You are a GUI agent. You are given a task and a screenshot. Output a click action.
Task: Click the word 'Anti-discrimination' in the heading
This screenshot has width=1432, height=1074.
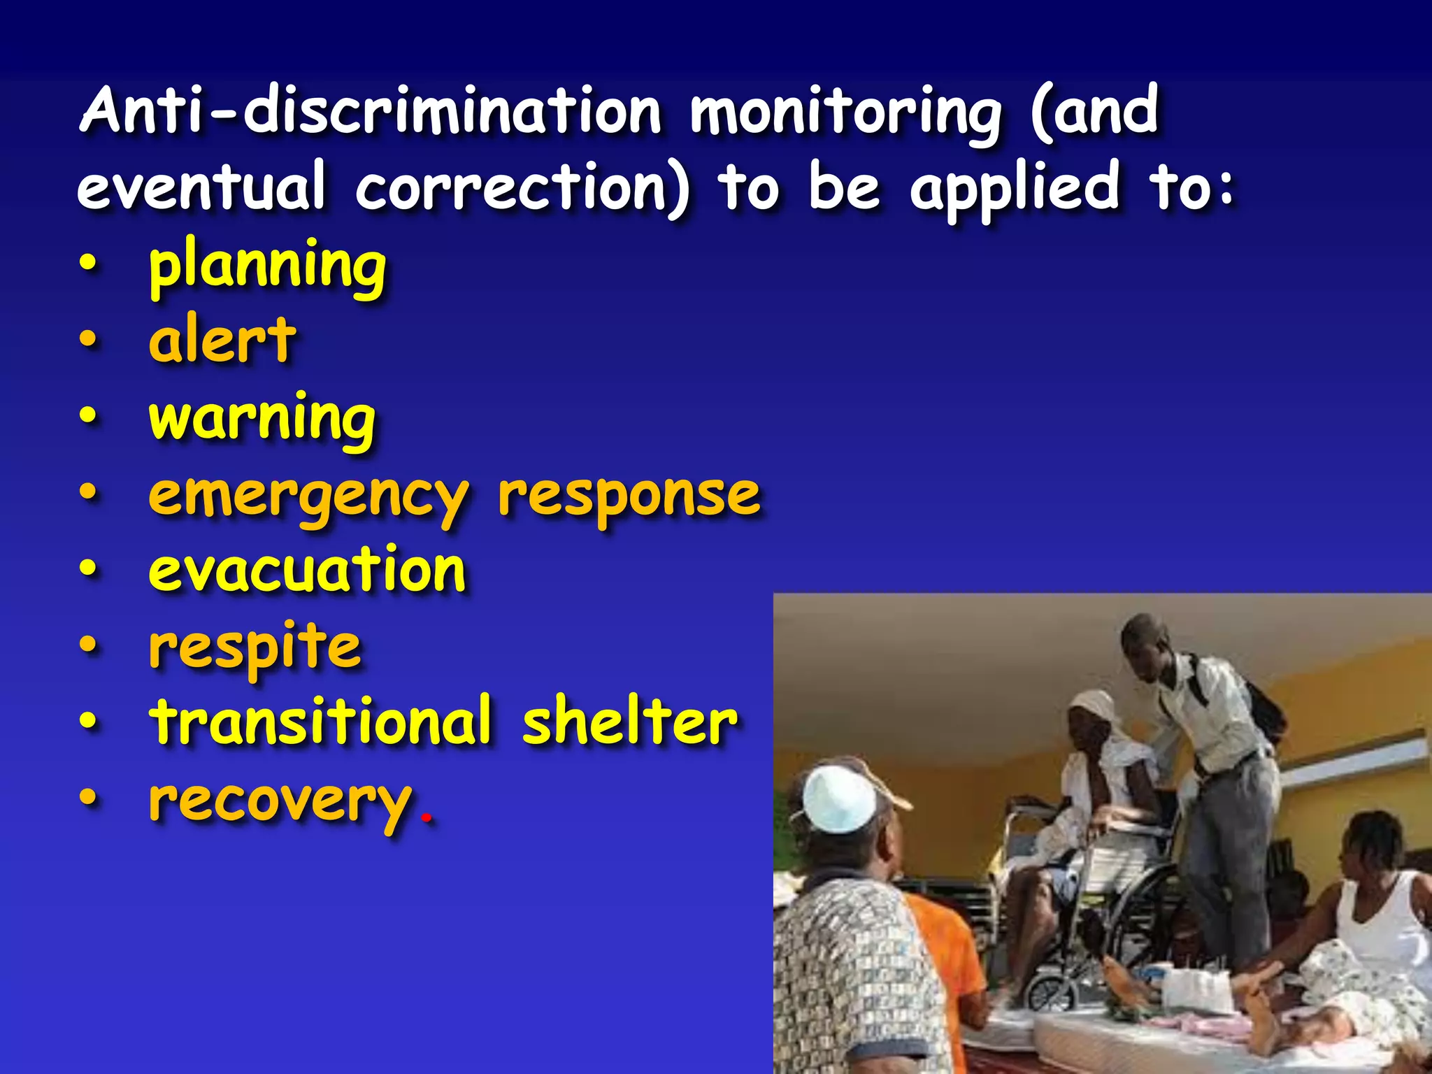pyautogui.click(x=371, y=112)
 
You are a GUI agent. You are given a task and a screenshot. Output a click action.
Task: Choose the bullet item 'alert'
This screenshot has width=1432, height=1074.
pyautogui.click(x=222, y=341)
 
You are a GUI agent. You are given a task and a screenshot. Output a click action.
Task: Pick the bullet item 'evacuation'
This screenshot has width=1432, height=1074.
pyautogui.click(x=308, y=571)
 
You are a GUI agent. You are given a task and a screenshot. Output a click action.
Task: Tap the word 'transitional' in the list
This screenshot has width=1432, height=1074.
pyautogui.click(x=320, y=722)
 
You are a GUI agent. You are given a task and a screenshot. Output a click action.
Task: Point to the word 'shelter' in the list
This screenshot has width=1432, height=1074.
pyautogui.click(x=629, y=722)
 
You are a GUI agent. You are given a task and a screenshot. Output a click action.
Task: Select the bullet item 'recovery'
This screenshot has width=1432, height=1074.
pyautogui.click(x=280, y=801)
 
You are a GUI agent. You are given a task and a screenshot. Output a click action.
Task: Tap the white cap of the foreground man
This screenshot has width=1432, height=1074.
pyautogui.click(x=839, y=797)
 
